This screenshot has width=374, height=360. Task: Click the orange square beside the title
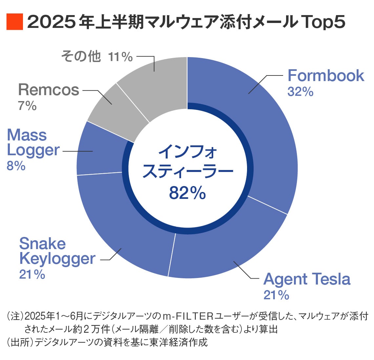click(x=15, y=22)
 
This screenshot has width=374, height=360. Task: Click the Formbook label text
click(x=325, y=76)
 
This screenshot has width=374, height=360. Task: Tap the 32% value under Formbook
click(x=300, y=92)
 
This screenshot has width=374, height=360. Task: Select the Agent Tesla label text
click(x=307, y=279)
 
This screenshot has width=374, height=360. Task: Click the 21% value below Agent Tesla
click(x=276, y=295)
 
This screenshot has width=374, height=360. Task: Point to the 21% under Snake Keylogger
click(x=32, y=274)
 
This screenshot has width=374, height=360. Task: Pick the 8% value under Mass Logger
click(x=16, y=166)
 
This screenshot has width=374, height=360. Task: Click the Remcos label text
click(x=49, y=90)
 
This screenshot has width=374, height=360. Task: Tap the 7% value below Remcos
click(x=27, y=106)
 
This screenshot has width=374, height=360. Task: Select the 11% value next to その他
click(x=120, y=57)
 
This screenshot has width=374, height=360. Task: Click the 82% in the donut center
click(x=187, y=193)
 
